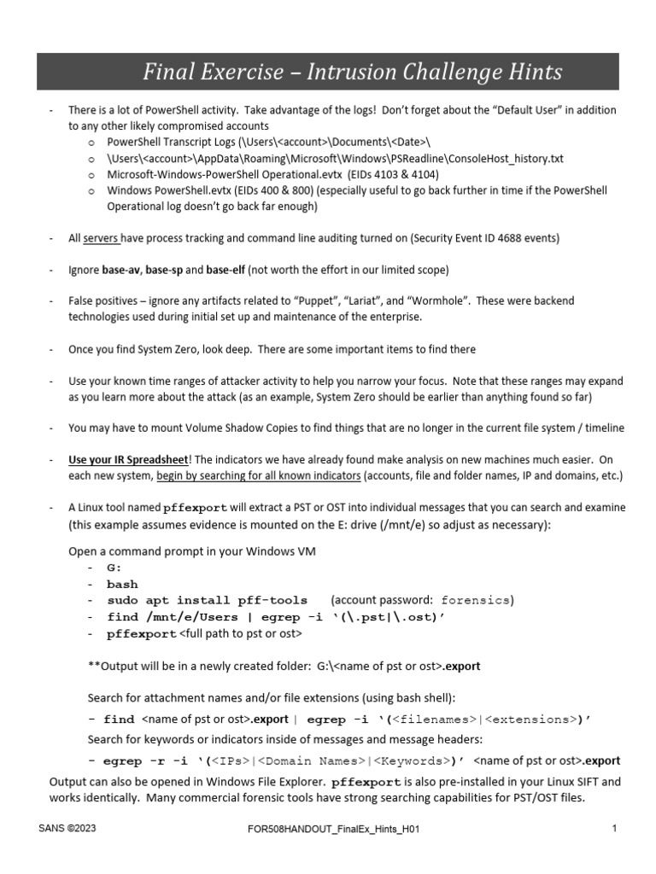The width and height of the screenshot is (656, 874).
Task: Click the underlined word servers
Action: point(102,238)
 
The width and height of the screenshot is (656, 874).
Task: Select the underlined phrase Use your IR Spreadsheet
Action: point(127,459)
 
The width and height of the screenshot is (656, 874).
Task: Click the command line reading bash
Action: point(122,585)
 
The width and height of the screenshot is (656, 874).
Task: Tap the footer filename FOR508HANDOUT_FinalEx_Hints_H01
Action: point(327,828)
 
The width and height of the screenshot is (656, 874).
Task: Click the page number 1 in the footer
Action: point(614,828)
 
